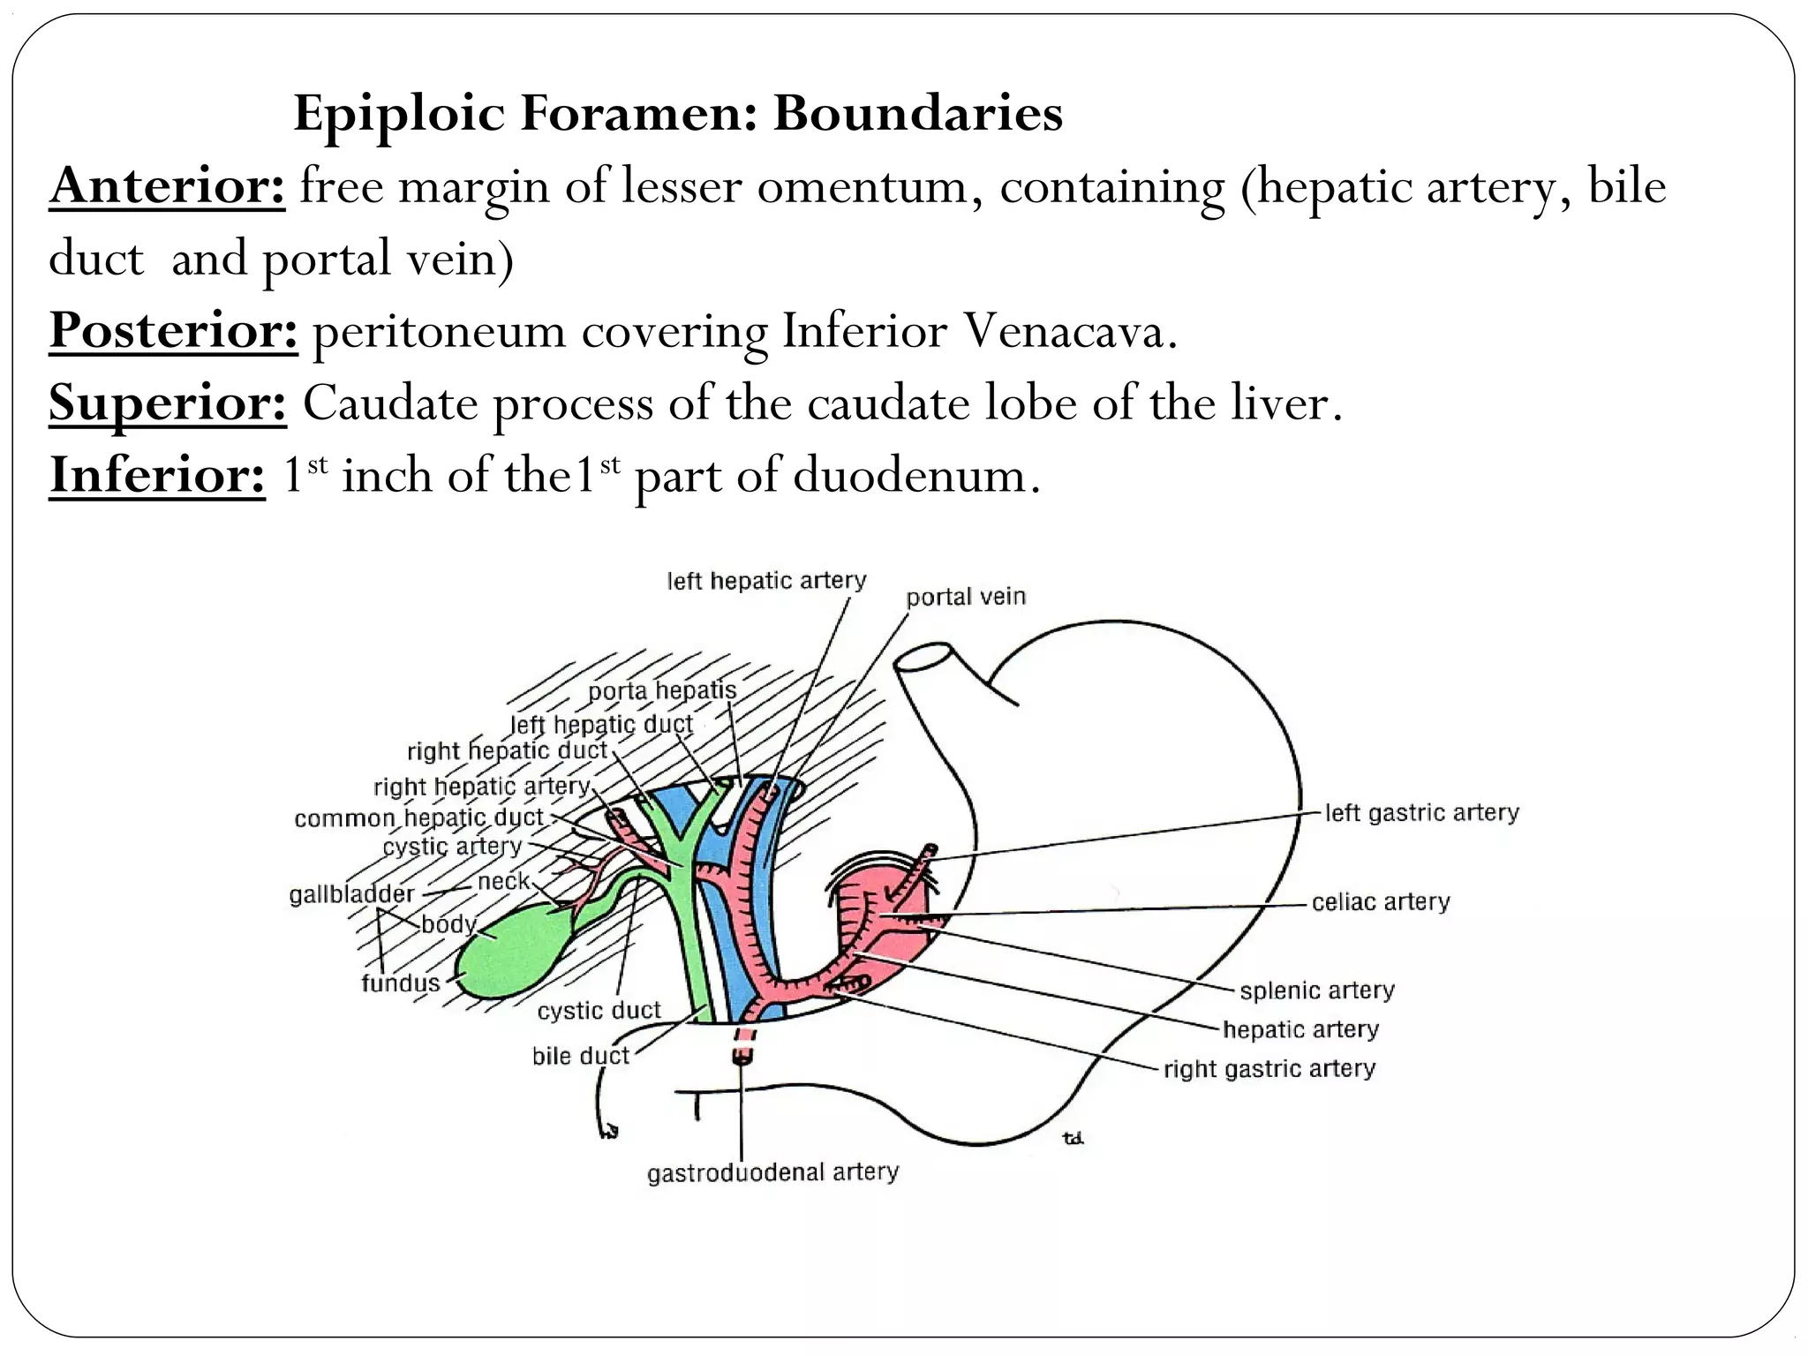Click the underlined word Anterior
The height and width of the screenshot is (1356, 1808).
tap(167, 186)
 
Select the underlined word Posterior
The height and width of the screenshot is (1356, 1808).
tap(173, 331)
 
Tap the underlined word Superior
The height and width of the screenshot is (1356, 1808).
tap(168, 403)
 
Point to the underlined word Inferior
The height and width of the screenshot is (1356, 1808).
tap(157, 475)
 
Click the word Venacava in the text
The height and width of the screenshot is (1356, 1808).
tap(1070, 331)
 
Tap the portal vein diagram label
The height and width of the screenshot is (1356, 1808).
tap(966, 598)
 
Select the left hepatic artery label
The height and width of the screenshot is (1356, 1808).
tap(766, 581)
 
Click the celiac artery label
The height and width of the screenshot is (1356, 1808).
tap(1381, 902)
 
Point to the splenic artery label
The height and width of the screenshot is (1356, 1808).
tap(1317, 991)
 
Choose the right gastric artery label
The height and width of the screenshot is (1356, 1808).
tap(1269, 1069)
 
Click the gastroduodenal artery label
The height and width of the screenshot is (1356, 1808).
tap(772, 1172)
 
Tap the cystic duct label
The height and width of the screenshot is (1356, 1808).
tap(599, 1011)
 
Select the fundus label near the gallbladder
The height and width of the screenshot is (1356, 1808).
tap(400, 983)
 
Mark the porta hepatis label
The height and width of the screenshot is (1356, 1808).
tap(662, 690)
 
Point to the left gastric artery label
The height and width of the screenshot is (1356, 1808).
tap(1421, 812)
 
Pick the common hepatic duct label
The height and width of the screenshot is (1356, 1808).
tap(418, 818)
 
